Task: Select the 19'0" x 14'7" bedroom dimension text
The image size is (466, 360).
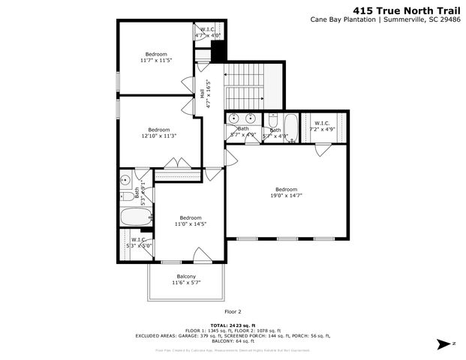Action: (x=286, y=196)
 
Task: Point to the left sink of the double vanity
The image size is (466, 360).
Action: (x=234, y=118)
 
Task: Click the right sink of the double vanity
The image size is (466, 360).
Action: (x=250, y=118)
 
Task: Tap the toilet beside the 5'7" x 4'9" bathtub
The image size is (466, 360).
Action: (x=273, y=121)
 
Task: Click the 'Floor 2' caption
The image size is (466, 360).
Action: (x=233, y=311)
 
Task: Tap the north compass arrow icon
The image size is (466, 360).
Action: (x=444, y=343)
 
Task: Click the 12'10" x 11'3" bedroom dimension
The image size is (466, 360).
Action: (x=158, y=136)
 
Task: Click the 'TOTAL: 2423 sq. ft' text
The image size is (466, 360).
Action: (x=233, y=325)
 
